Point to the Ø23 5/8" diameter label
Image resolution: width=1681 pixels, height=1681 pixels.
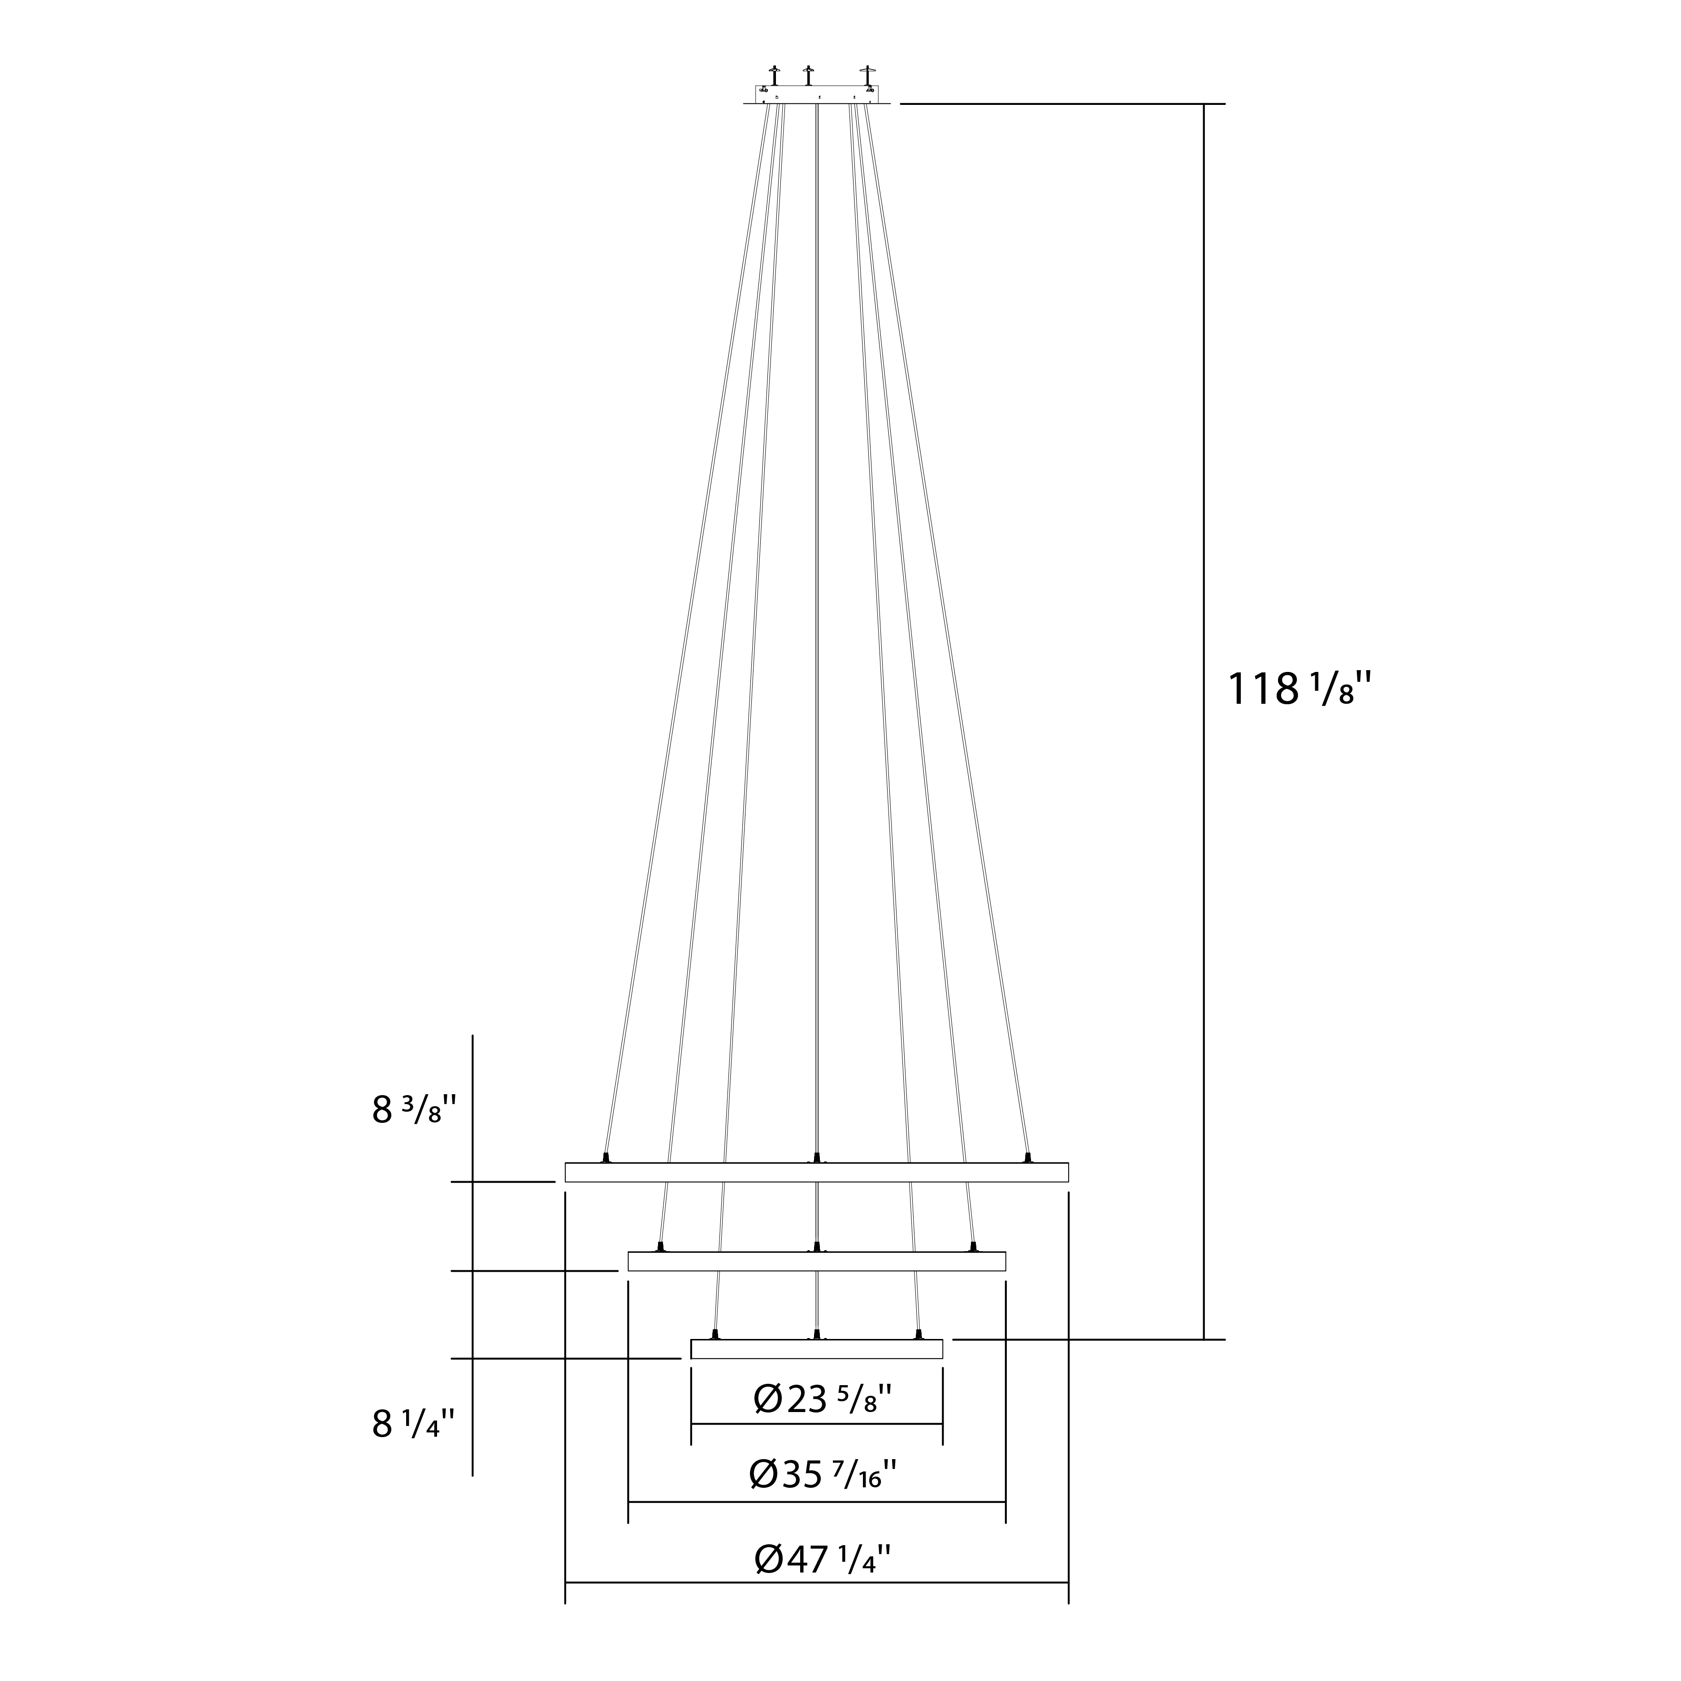coord(822,1399)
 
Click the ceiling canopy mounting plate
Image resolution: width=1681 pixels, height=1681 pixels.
coord(816,94)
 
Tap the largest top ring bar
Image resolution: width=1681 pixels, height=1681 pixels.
coord(816,1172)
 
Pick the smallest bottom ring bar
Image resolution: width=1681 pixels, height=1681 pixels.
coord(816,1349)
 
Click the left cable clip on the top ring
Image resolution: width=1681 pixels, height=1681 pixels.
coord(606,1157)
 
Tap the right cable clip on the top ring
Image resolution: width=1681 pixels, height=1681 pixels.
coord(1027,1157)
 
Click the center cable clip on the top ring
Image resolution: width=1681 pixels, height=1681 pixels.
coord(816,1157)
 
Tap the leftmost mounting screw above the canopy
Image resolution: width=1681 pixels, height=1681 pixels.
coord(774,75)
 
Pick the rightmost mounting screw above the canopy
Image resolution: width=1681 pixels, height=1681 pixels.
coord(866,75)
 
